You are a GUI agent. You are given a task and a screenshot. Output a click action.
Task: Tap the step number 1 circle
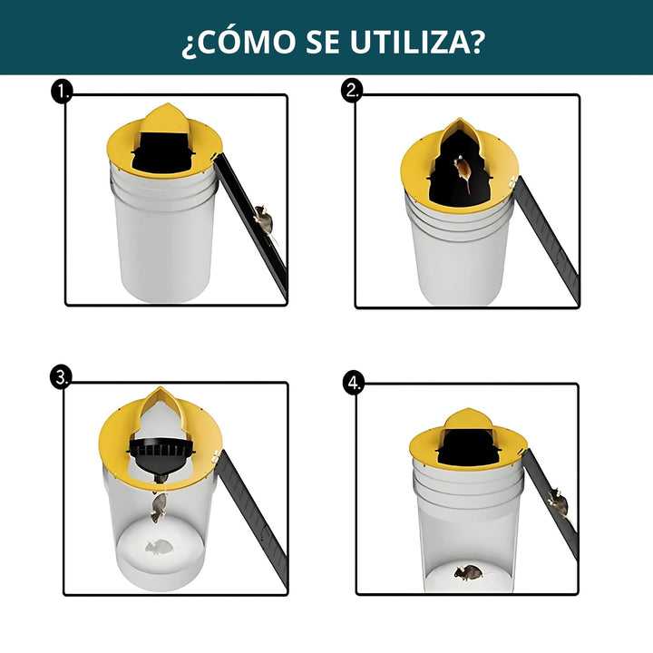[62, 91]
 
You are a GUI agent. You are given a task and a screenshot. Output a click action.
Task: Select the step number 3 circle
[61, 379]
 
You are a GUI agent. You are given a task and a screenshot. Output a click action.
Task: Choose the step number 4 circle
[354, 383]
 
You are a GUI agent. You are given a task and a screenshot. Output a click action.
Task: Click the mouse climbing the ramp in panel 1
[263, 219]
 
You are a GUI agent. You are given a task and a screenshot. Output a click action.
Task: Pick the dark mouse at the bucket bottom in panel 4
[468, 572]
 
